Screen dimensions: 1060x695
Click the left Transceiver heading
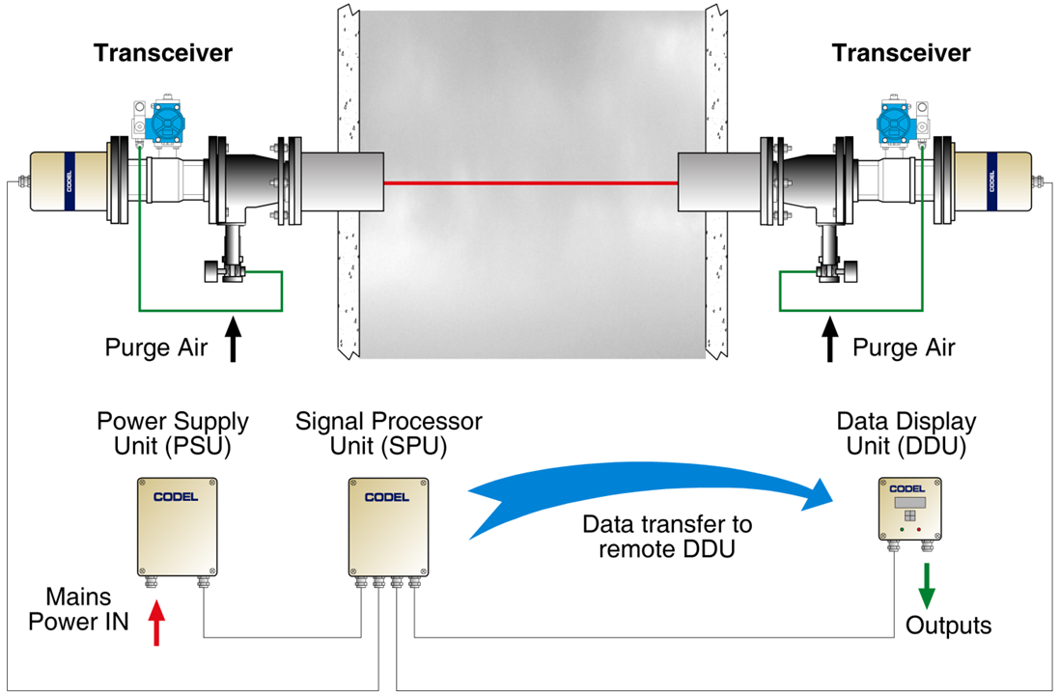[x=163, y=53]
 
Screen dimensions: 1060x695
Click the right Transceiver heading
[x=901, y=53]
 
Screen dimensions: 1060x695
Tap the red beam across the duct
[x=531, y=182]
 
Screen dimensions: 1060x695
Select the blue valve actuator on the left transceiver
[x=166, y=123]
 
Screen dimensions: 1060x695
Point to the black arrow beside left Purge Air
[x=233, y=339]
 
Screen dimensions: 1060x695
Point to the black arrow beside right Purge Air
[x=830, y=339]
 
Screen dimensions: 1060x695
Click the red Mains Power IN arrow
[x=156, y=622]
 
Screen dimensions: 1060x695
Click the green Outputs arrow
[x=926, y=586]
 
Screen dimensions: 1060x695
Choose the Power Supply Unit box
[x=177, y=527]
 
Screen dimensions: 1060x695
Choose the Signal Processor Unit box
[x=389, y=527]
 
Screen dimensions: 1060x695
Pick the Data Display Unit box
[x=910, y=509]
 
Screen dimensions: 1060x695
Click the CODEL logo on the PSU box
[x=176, y=497]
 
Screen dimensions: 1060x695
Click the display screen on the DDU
[x=909, y=503]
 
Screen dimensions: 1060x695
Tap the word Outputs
[x=948, y=625]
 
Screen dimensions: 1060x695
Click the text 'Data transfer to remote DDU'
[x=667, y=536]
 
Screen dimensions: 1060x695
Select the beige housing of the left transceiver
[x=69, y=181]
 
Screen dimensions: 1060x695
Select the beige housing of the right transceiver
[x=992, y=181]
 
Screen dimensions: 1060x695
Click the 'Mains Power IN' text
[x=78, y=609]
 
